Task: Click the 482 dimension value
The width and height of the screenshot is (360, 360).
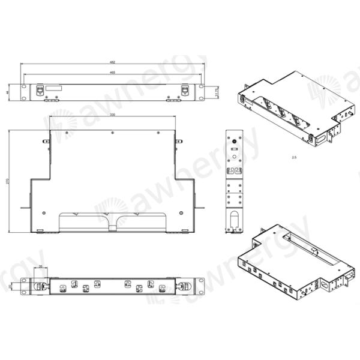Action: pyautogui.click(x=112, y=62)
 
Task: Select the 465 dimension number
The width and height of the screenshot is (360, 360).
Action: pyautogui.click(x=112, y=73)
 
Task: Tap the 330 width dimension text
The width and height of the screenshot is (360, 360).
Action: pyautogui.click(x=112, y=115)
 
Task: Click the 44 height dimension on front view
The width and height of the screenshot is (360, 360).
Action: pyautogui.click(x=7, y=92)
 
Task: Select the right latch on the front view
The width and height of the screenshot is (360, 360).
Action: pyautogui.click(x=185, y=90)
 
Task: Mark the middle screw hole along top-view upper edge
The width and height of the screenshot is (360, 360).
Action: pyautogui.click(x=113, y=131)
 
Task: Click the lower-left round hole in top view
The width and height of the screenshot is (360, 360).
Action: pyautogui.click(x=44, y=212)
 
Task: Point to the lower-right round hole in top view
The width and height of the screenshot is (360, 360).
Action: pyautogui.click(x=181, y=212)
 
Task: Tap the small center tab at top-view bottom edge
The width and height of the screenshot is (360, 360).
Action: pyautogui.click(x=112, y=227)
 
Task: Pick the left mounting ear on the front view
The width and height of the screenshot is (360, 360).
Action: pyautogui.click(x=23, y=91)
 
